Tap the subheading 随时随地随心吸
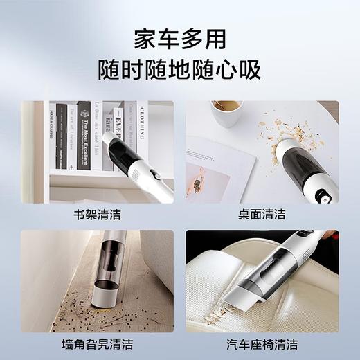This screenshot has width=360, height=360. [x=179, y=70]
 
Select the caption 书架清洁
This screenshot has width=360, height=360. [x=97, y=215]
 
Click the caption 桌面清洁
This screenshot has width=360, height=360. [x=262, y=215]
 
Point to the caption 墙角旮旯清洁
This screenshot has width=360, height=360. [x=97, y=343]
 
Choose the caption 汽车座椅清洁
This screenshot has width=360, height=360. [x=262, y=343]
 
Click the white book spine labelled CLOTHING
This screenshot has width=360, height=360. [x=141, y=132]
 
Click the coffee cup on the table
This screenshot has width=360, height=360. [x=226, y=113]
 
